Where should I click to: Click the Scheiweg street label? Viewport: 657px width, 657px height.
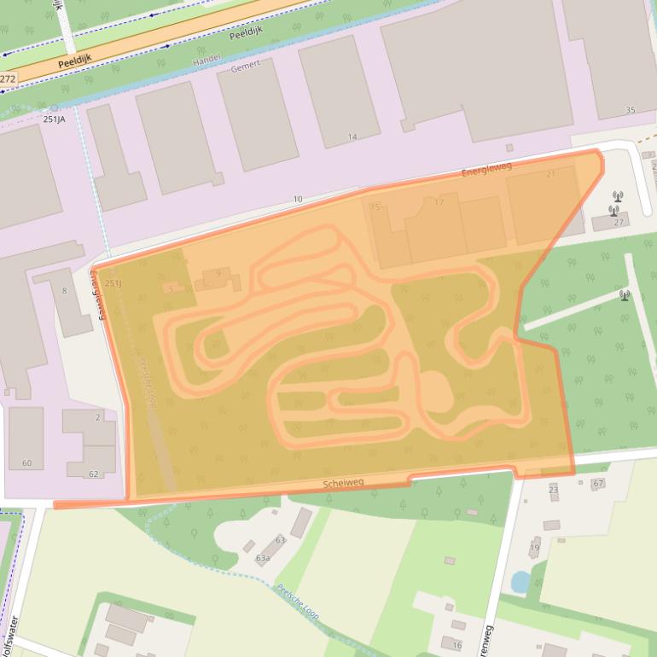point(343,483)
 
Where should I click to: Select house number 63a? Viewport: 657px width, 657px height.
point(263,558)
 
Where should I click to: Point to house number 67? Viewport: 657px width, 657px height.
point(598,483)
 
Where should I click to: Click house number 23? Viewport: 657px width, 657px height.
point(553,490)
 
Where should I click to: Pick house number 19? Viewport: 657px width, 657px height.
point(535,548)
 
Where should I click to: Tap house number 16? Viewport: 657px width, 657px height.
point(457,646)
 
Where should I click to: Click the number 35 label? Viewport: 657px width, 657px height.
point(631,110)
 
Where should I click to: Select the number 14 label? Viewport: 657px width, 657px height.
point(352,137)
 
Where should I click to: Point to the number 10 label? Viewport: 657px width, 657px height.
point(298,200)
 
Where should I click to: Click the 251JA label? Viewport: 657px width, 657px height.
point(54,119)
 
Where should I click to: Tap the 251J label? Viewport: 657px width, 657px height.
point(113,283)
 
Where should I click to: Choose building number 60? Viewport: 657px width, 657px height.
point(26,463)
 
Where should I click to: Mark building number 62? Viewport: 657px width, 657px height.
point(93,474)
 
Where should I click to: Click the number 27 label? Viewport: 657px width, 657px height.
point(619,223)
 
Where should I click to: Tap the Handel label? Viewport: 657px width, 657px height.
point(206,61)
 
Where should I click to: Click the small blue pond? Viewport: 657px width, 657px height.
point(520,582)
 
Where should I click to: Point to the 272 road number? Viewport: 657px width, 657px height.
point(8,78)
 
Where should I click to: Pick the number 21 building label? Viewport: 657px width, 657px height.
point(550,174)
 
